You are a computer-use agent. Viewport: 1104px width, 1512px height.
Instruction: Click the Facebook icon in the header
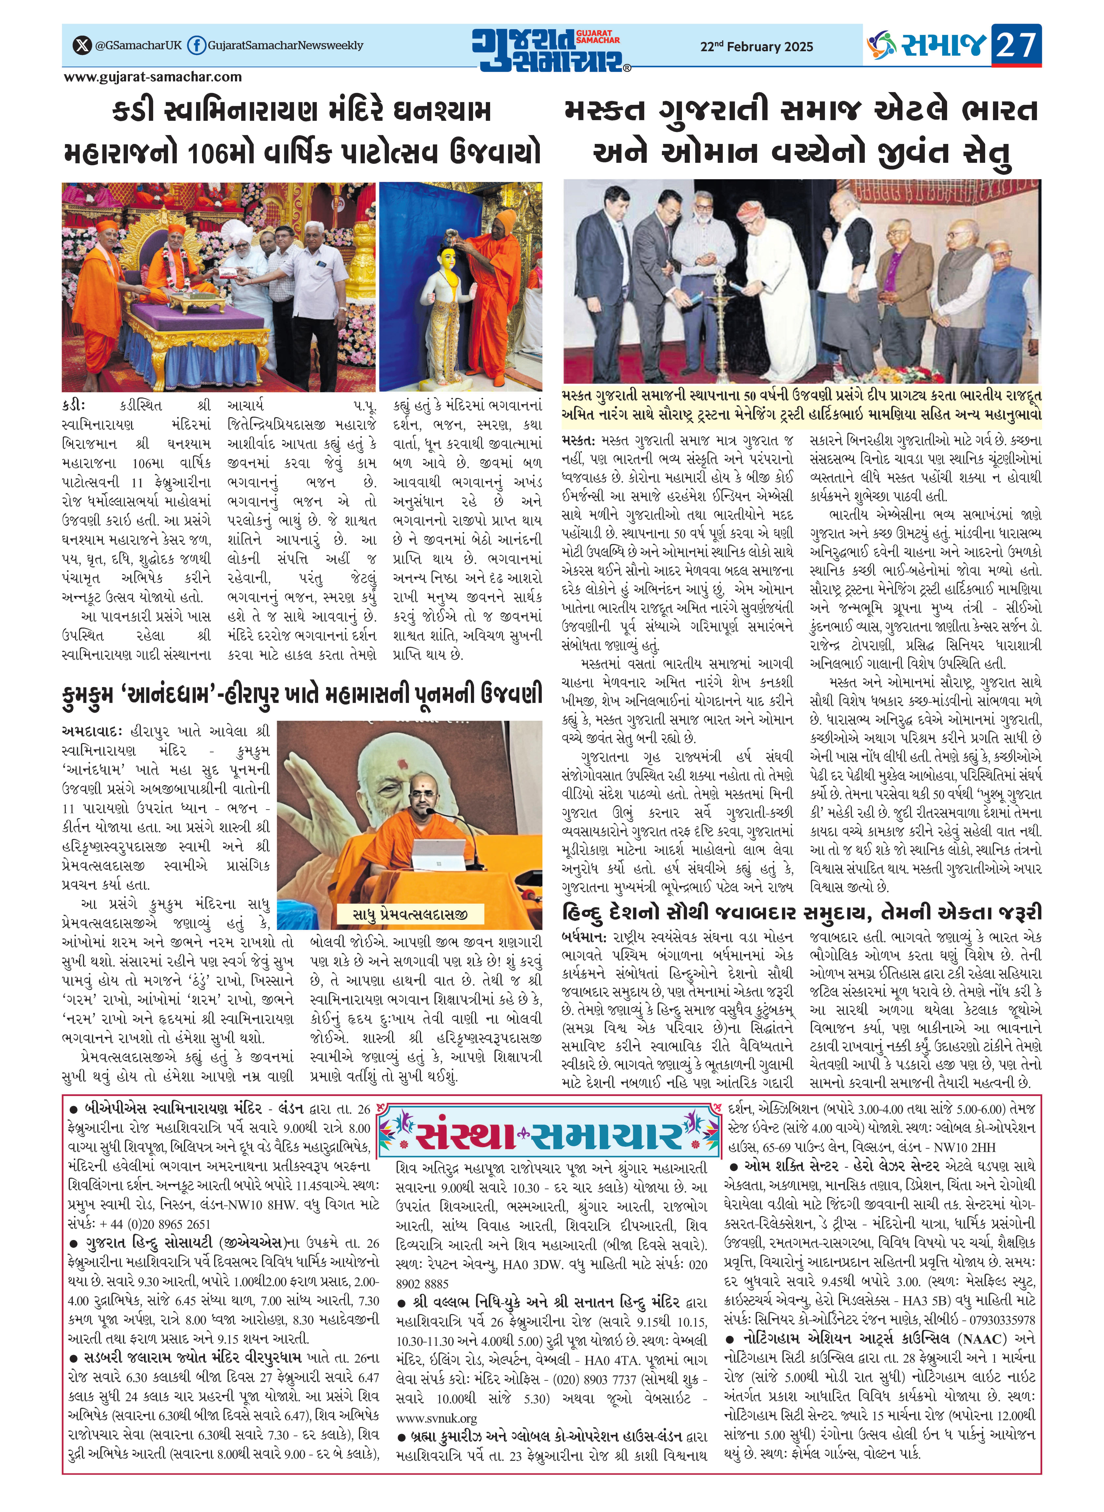point(196,45)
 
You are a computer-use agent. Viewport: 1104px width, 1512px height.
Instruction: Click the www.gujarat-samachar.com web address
point(153,77)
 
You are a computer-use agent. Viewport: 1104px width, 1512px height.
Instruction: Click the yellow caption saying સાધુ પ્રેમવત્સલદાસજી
point(410,913)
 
